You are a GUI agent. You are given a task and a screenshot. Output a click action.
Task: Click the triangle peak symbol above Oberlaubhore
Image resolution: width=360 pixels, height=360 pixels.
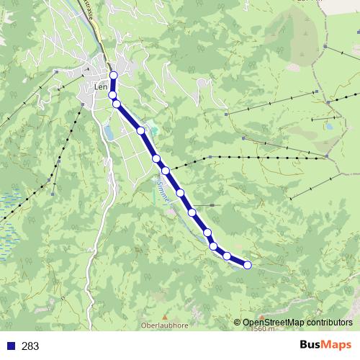(x=164, y=315)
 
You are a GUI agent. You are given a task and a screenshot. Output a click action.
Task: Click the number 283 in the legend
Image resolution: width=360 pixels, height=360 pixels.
(x=30, y=346)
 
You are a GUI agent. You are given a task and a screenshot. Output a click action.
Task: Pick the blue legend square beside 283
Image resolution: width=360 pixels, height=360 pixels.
(x=12, y=346)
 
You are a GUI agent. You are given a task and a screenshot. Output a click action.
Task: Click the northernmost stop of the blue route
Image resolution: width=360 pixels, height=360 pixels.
(x=114, y=76)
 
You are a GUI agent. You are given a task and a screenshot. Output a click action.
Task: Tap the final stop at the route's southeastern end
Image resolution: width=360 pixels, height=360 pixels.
(x=248, y=265)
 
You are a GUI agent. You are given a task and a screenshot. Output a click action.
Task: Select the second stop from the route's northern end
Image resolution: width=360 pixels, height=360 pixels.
(x=112, y=94)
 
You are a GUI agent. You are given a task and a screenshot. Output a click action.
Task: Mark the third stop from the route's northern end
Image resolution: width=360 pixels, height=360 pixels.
(x=116, y=104)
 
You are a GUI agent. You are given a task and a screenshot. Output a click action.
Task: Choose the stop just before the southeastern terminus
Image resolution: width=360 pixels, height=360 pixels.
(x=227, y=256)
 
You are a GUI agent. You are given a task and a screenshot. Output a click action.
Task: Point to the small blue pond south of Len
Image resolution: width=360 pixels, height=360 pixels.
(x=109, y=132)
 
